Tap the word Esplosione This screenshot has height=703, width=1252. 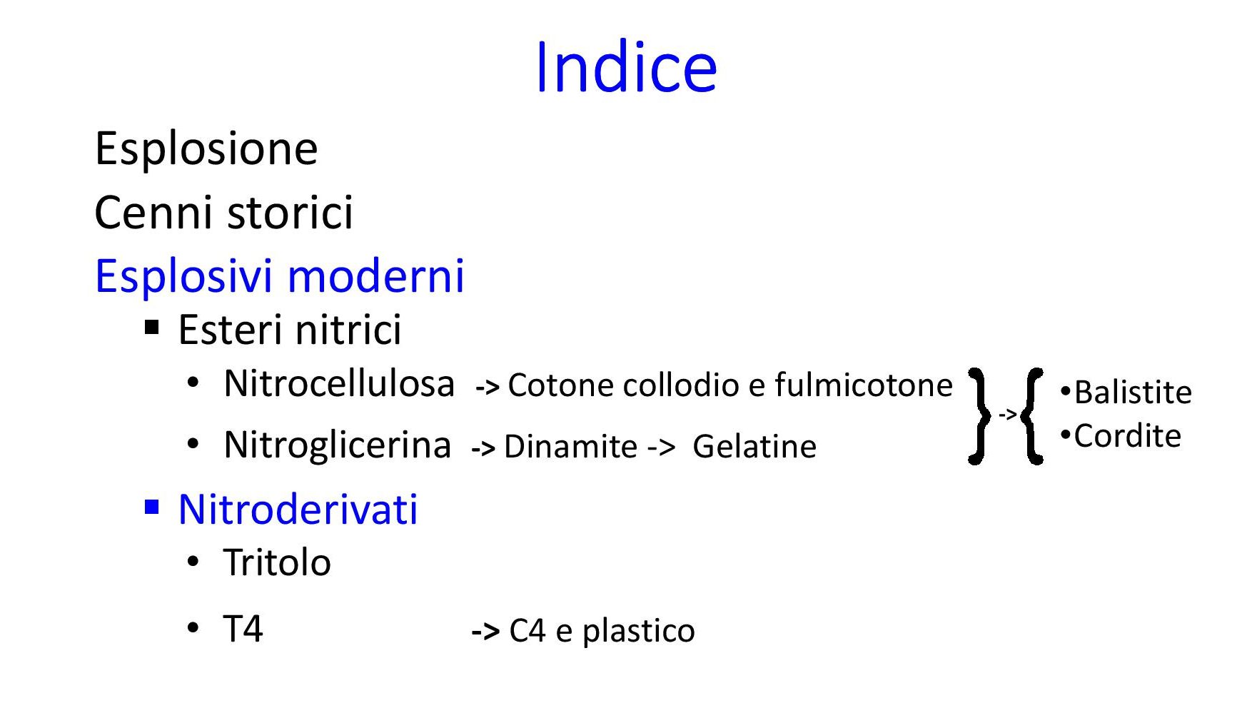click(206, 148)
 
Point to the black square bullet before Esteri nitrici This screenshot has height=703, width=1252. click(151, 328)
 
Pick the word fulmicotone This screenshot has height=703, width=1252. click(864, 385)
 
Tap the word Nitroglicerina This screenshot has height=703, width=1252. click(338, 445)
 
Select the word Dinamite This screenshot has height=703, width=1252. click(570, 447)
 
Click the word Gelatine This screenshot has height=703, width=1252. click(754, 447)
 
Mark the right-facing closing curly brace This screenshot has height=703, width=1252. click(980, 416)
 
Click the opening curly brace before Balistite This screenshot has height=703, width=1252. click(1032, 416)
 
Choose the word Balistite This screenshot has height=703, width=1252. click(1133, 393)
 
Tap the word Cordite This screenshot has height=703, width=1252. click(1128, 436)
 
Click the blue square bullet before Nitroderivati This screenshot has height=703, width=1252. click(151, 507)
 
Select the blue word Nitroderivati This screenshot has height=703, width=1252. click(298, 510)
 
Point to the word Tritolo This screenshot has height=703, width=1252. click(277, 562)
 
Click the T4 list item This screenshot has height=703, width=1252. click(243, 629)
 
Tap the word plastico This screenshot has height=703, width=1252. click(638, 632)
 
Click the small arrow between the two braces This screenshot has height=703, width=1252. click(1006, 414)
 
